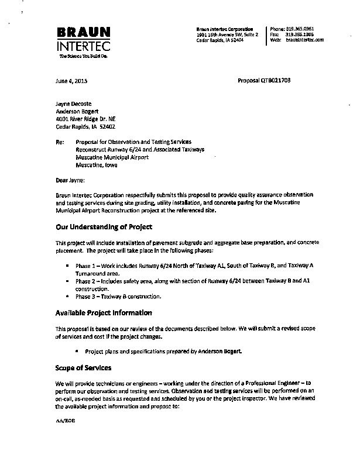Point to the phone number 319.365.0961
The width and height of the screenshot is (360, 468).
(300, 29)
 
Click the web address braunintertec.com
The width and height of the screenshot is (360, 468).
(305, 40)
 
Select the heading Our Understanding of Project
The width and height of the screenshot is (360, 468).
(104, 227)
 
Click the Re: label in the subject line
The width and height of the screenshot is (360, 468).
(59, 142)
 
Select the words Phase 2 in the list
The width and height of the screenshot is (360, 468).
(86, 281)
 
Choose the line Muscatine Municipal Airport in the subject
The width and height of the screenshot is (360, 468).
(112, 157)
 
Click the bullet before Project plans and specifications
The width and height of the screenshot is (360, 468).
(78, 351)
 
